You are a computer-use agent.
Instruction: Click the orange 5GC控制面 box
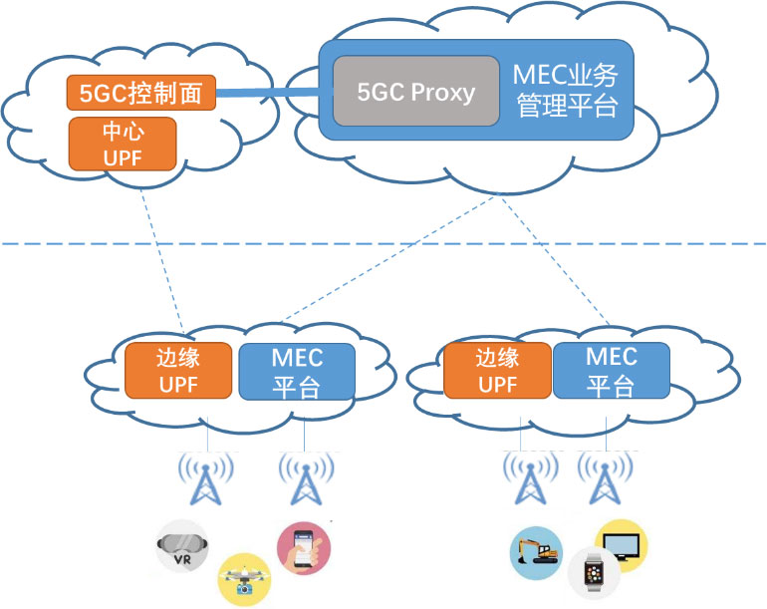pyautogui.click(x=140, y=94)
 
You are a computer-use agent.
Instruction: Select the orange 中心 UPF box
pyautogui.click(x=122, y=144)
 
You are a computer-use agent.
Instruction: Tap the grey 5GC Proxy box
pyautogui.click(x=415, y=92)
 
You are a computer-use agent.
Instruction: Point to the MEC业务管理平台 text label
pyautogui.click(x=566, y=91)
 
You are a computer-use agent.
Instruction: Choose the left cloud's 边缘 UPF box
pyautogui.click(x=179, y=370)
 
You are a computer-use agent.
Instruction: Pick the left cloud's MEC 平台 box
pyautogui.click(x=296, y=371)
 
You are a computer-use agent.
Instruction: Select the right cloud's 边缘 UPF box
pyautogui.click(x=497, y=370)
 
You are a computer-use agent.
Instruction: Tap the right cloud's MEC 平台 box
pyautogui.click(x=610, y=370)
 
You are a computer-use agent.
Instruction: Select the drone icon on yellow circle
pyautogui.click(x=243, y=579)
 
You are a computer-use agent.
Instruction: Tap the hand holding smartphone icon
pyautogui.click(x=303, y=547)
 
